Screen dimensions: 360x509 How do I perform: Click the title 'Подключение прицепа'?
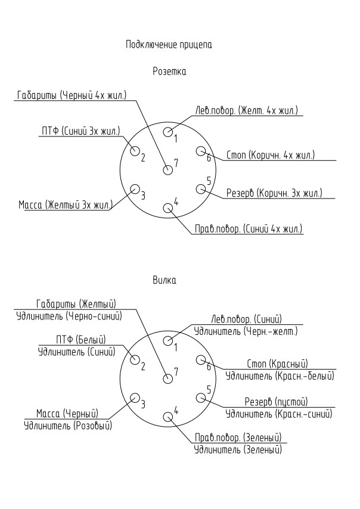[x=169, y=45]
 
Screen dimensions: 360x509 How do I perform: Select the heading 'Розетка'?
[x=169, y=71]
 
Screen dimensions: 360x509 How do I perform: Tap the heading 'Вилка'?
[x=165, y=280]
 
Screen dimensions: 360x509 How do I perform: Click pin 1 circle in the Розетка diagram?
[x=168, y=132]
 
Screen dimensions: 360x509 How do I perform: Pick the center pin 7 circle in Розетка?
[x=168, y=170]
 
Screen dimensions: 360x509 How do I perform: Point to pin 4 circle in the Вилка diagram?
[x=168, y=417]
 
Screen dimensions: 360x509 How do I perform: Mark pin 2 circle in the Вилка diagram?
[x=135, y=359]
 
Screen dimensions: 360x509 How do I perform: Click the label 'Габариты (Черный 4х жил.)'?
[x=72, y=95]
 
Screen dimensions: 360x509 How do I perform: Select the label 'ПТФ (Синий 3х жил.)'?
[x=81, y=131]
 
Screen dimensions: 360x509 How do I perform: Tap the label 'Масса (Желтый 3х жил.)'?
[x=66, y=205]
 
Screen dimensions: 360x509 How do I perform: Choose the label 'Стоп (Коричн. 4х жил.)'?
[x=271, y=155]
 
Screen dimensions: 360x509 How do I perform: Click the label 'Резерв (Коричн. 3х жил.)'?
[x=274, y=193]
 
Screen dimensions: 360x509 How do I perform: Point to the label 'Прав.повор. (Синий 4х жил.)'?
[x=249, y=229]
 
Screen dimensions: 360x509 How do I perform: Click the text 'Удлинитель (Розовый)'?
[x=68, y=425]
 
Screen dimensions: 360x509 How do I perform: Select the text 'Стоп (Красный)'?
[x=278, y=364]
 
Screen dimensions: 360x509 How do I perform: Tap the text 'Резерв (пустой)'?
[x=276, y=402]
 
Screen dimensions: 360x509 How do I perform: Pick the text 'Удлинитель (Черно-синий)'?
[x=69, y=316]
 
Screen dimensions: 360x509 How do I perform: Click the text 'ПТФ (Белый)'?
[x=81, y=340]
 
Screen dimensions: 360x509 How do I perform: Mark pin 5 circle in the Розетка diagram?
[x=201, y=189]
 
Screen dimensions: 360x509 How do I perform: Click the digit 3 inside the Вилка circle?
[x=143, y=404]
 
